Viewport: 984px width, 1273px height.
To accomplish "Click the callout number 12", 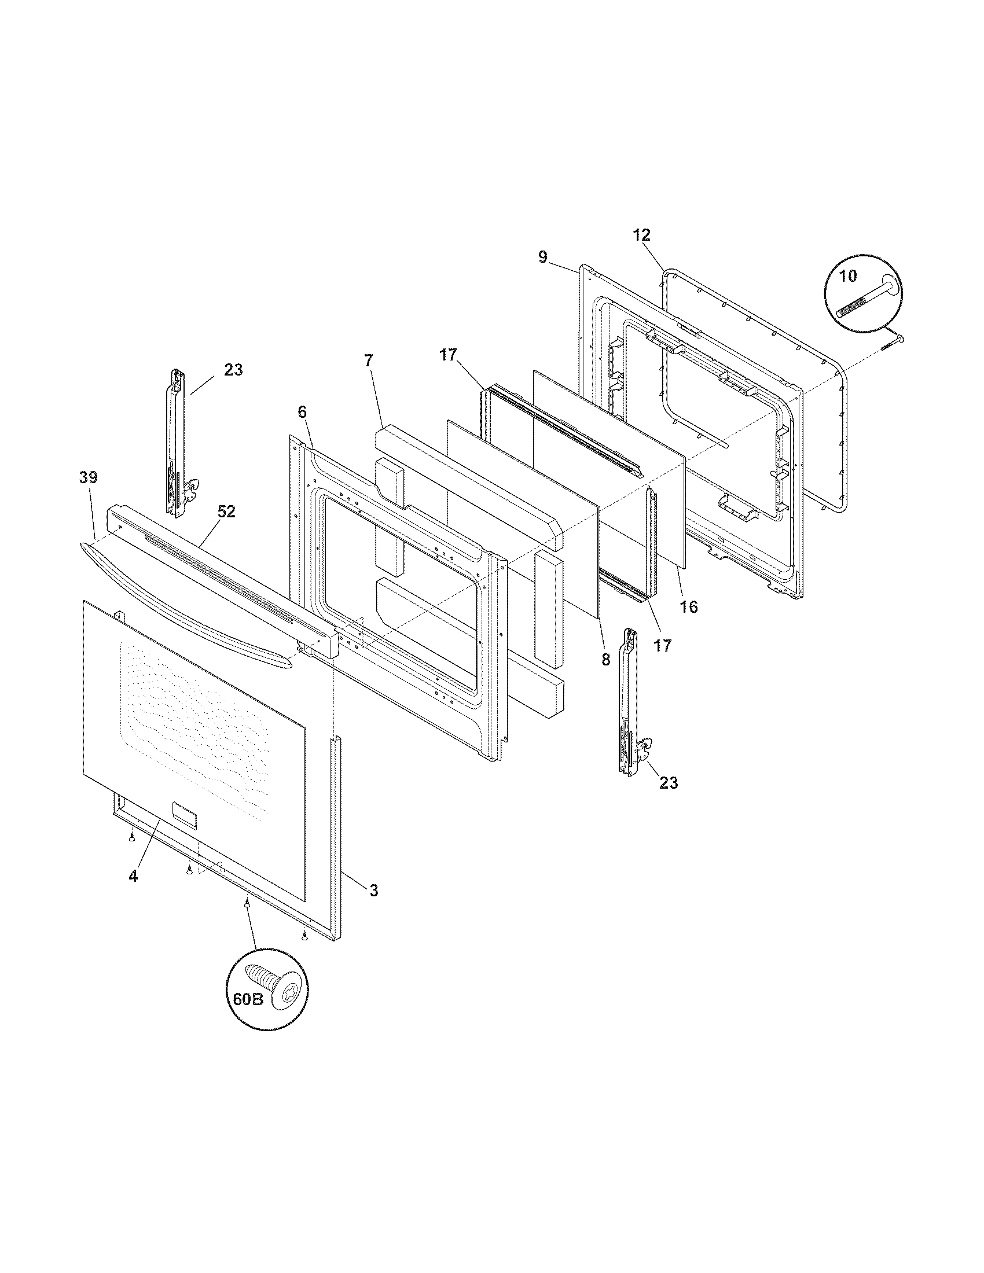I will coord(642,236).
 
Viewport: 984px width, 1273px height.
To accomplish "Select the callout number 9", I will coord(543,257).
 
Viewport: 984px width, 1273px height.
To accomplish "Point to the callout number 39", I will coord(89,477).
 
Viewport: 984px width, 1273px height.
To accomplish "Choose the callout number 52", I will coord(226,511).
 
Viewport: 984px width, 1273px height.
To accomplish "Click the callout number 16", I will coord(688,607).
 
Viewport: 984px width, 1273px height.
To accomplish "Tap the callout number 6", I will coord(302,412).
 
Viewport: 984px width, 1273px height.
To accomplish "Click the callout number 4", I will coord(134,892).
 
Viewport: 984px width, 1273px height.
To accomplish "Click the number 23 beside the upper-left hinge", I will coord(233,370).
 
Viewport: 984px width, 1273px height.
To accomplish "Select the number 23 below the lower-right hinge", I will coord(669,783).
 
